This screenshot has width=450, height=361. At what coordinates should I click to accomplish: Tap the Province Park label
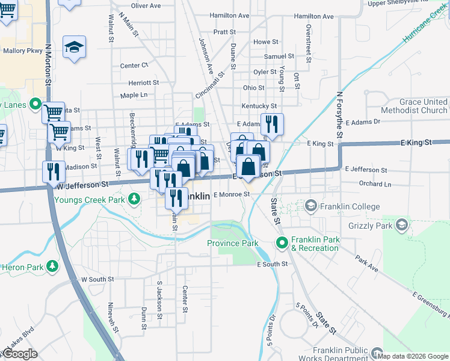click(232, 244)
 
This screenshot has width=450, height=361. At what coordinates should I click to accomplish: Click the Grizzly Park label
click(369, 226)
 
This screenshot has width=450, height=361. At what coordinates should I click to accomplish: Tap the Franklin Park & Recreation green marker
click(282, 242)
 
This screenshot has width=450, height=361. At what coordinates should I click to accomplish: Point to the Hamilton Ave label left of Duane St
click(229, 15)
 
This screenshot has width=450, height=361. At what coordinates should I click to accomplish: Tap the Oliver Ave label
click(146, 5)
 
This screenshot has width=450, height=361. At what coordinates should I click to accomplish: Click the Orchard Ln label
click(375, 184)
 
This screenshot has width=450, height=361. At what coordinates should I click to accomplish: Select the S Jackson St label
click(159, 297)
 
